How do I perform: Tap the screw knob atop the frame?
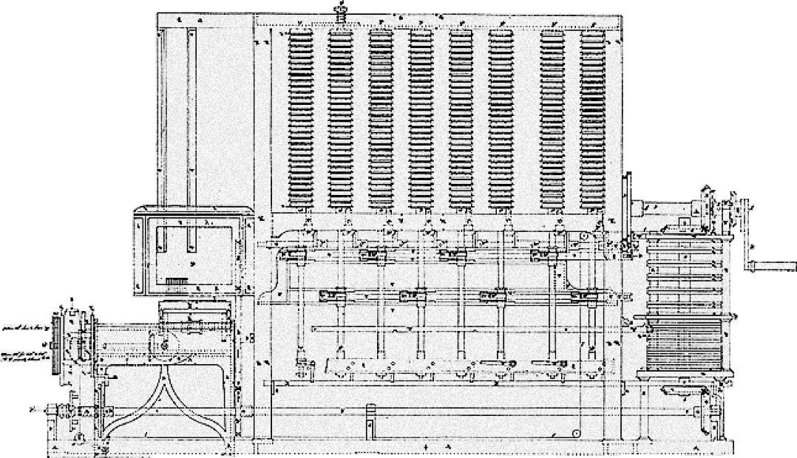[342, 10]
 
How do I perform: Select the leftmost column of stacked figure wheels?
[301, 118]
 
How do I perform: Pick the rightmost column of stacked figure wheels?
[592, 118]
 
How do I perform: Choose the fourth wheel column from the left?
[421, 118]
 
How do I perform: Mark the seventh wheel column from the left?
[552, 118]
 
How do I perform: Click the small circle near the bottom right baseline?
[577, 433]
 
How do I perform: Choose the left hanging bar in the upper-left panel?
[162, 111]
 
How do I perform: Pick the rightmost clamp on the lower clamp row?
[585, 297]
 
